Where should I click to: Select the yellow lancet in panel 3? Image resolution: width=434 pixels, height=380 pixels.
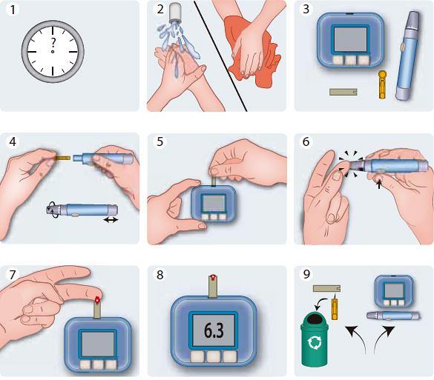pos(382,84)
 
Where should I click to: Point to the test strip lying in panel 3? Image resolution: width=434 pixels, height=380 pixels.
pos(343,92)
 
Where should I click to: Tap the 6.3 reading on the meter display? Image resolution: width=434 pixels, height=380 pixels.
pos(214,330)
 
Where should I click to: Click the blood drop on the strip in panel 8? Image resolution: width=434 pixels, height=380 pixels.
pos(213,277)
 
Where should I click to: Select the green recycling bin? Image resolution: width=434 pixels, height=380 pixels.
pos(315,339)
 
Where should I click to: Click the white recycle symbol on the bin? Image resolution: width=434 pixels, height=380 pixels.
pos(315,342)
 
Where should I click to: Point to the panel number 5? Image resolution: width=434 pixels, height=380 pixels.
pos(160,141)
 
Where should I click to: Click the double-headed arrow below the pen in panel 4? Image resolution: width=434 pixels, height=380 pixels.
pos(111,220)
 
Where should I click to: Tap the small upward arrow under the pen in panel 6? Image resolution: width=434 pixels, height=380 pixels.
pos(379,184)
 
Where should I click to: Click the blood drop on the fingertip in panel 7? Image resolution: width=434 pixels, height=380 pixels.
pos(98,299)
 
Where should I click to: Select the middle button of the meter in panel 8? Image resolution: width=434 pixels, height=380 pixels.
pos(214,356)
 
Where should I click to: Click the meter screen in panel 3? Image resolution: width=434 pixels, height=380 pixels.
pos(350,39)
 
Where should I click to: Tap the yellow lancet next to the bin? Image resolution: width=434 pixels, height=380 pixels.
pos(335,307)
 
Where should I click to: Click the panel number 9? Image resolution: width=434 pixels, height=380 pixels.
pos(306,274)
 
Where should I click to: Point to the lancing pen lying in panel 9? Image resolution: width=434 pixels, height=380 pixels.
pos(393,316)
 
